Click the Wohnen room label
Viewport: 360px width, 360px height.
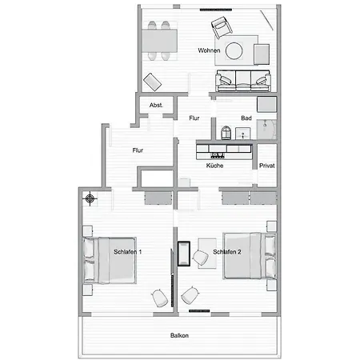click(x=210, y=50)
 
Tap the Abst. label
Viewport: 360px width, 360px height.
click(x=157, y=105)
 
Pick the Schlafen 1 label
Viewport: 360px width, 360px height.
click(x=128, y=252)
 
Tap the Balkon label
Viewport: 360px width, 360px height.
click(x=179, y=336)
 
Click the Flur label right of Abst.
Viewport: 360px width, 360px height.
click(x=194, y=118)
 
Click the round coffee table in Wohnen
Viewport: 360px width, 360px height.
click(x=234, y=50)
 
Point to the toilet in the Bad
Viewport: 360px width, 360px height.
click(x=225, y=131)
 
